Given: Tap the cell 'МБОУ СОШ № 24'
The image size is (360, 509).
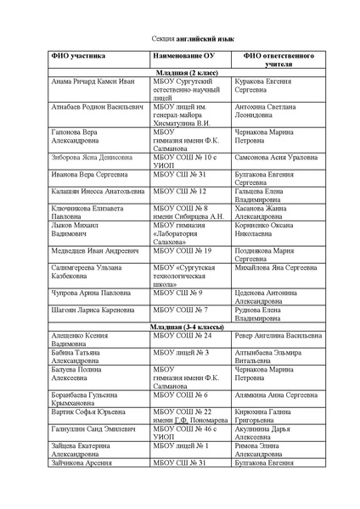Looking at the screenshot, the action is coord(182,335).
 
